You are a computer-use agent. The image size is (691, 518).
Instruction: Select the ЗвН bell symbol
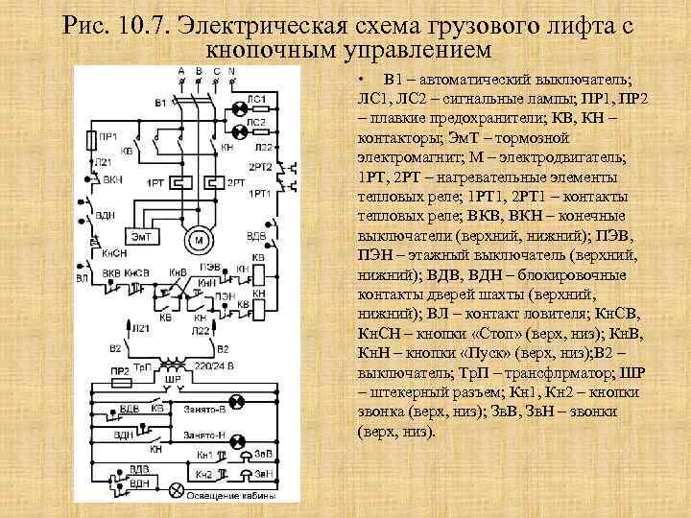(x=247, y=474)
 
